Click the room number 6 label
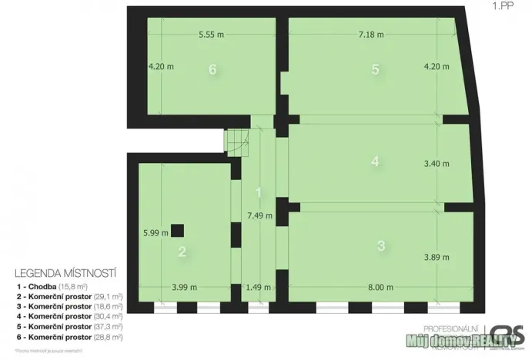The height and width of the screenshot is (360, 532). click(x=212, y=69)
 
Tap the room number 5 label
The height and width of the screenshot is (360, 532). click(x=375, y=69)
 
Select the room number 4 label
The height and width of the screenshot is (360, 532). click(x=375, y=162)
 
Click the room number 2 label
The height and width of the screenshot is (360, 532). click(x=182, y=251)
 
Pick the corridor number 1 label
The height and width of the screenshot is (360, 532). click(x=259, y=192)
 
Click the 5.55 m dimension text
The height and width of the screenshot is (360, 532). click(x=211, y=35)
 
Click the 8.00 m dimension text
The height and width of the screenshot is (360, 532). click(x=380, y=288)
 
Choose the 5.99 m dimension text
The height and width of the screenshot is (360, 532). click(x=155, y=234)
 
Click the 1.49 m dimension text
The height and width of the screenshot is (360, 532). click(x=258, y=288)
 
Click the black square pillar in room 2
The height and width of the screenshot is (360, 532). click(x=178, y=229)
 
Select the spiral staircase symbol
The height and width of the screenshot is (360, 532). click(x=236, y=140)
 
